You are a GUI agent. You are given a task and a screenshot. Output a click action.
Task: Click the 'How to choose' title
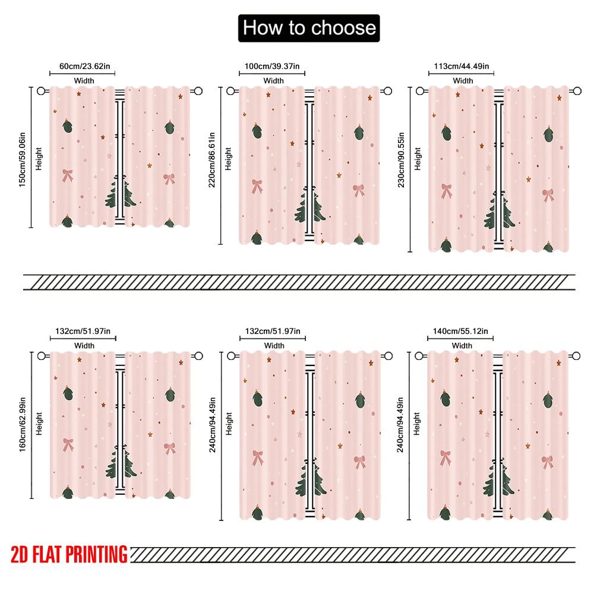[308, 28]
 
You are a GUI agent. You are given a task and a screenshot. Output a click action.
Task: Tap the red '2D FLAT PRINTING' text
[69, 554]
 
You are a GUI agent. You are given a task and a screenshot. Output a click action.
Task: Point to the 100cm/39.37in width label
[273, 67]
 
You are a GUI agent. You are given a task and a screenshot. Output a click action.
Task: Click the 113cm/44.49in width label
[462, 67]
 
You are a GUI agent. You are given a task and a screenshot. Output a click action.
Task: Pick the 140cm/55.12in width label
[462, 331]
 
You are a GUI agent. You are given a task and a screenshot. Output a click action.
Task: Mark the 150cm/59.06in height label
[22, 157]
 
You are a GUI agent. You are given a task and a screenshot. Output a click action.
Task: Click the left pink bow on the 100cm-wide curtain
[257, 186]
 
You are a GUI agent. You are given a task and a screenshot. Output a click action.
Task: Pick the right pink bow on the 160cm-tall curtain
[170, 448]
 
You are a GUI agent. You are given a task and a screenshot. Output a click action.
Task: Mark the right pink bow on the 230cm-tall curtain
[548, 195]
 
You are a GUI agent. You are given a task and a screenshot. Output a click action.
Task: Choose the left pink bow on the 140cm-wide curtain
[445, 457]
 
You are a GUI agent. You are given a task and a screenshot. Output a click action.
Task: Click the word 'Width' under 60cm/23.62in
[84, 80]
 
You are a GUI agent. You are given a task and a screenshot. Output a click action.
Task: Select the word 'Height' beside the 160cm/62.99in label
[39, 424]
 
